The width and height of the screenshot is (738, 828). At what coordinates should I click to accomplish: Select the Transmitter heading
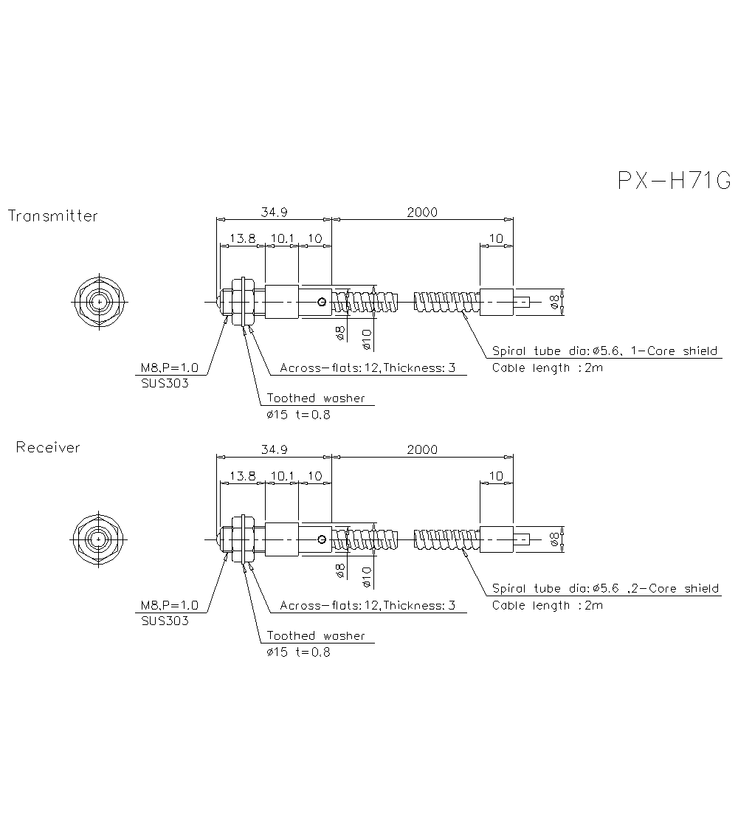(52, 216)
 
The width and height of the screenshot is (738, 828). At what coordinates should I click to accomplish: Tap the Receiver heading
(48, 447)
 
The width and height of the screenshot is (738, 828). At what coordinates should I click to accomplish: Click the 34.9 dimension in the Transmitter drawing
(274, 212)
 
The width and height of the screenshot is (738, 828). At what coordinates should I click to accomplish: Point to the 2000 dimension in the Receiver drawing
(422, 449)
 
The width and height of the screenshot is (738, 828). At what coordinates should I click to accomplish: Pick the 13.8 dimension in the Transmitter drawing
(242, 238)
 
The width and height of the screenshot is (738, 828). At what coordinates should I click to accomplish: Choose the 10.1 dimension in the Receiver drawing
(281, 476)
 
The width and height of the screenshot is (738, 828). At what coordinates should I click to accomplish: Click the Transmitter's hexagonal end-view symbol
(99, 302)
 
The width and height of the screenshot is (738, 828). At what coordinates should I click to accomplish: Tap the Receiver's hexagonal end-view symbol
(99, 539)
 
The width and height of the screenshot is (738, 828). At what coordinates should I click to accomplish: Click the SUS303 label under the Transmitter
(164, 384)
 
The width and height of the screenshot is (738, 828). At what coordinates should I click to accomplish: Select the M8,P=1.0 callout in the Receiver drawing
(170, 606)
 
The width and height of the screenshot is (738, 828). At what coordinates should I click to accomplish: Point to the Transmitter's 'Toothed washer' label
(316, 399)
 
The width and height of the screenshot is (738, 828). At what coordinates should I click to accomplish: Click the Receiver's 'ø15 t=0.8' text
(298, 652)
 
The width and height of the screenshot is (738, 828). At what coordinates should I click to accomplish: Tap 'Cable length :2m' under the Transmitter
(547, 368)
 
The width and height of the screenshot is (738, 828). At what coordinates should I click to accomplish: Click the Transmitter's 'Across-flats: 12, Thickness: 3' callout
(368, 368)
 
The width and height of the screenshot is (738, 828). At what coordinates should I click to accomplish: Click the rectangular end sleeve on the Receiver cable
(496, 539)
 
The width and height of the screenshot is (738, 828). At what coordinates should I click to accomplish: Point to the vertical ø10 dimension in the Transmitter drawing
(367, 339)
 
